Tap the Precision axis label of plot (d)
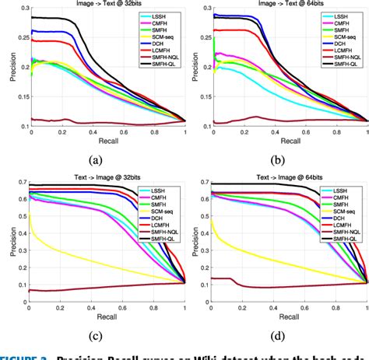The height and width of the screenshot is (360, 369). coord(190,244)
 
